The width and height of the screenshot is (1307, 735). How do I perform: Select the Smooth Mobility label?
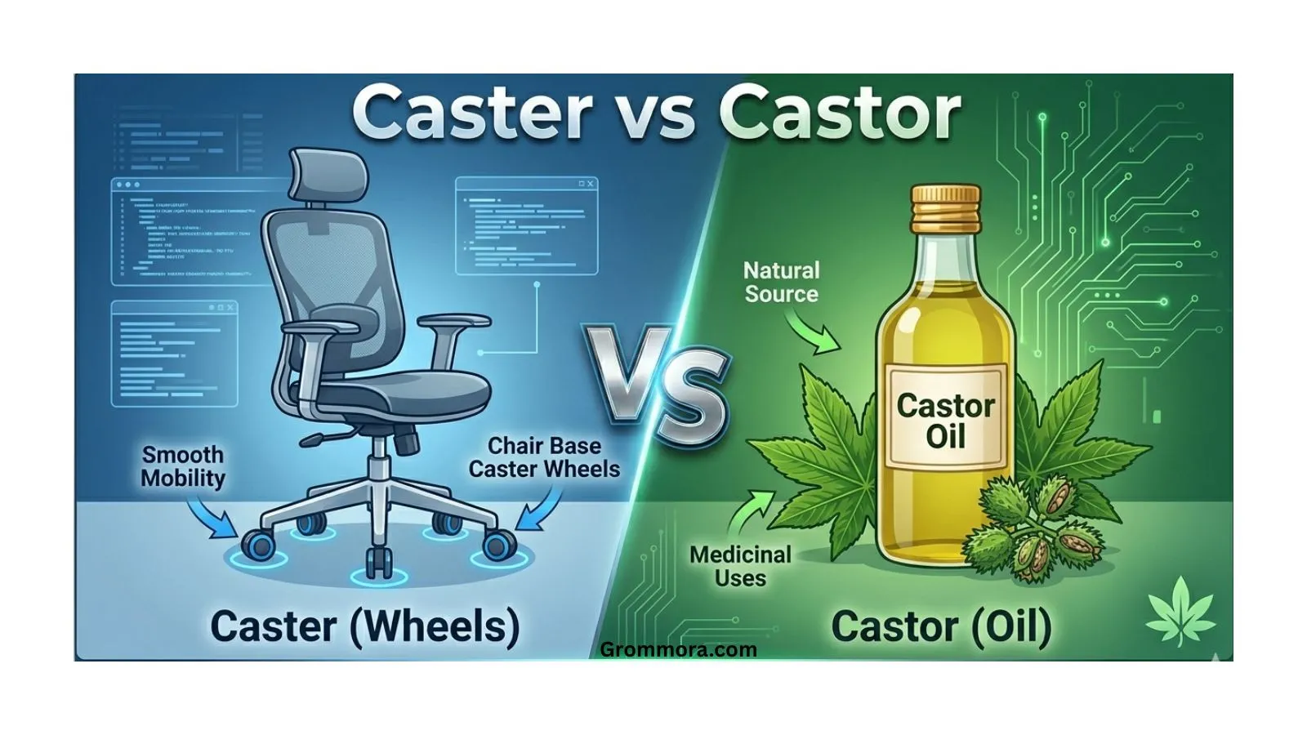coord(182,466)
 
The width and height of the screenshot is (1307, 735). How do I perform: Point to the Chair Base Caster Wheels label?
coord(544,457)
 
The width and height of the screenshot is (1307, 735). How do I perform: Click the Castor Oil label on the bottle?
coord(945,421)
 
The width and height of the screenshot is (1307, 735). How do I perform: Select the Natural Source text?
coord(781,282)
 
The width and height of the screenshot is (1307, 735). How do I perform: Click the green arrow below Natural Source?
coord(815,334)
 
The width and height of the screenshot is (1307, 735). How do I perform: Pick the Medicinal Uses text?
coord(740,566)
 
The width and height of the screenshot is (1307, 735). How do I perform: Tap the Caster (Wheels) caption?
coord(364,626)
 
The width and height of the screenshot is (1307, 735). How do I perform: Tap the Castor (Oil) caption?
coord(941,626)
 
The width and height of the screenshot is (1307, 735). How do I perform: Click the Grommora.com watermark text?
coord(678,650)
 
